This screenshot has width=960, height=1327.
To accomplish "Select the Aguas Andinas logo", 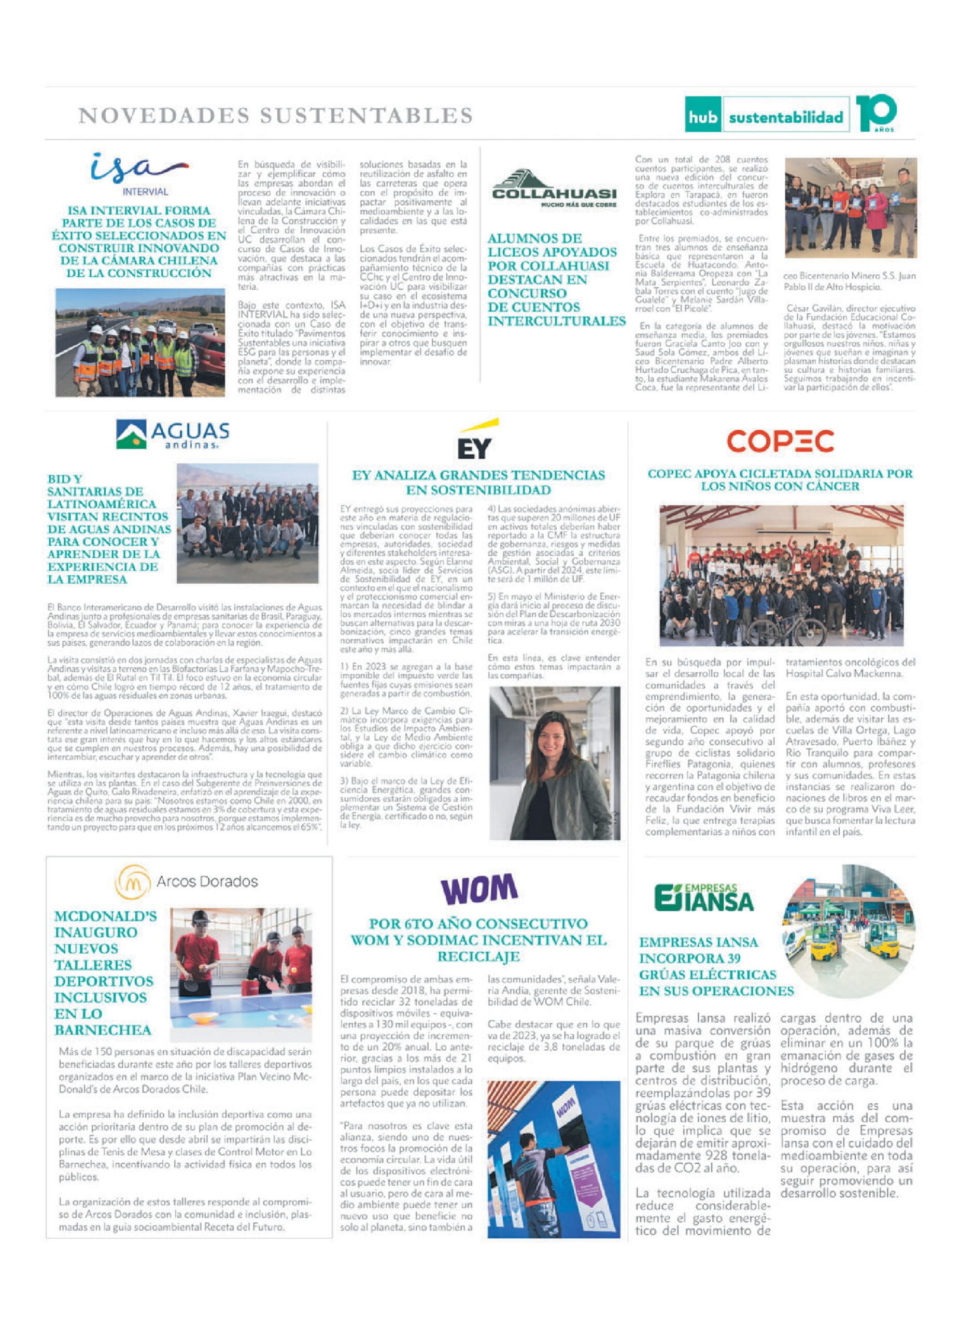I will [173, 434].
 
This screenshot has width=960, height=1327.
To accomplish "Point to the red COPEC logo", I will [780, 442].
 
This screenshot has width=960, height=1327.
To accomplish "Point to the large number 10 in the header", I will [876, 112].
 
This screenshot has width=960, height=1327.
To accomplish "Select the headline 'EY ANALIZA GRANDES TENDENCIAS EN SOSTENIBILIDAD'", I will [478, 482].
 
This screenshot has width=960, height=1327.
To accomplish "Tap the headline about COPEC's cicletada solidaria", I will [780, 480].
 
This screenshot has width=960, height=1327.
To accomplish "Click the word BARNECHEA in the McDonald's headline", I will [103, 1030].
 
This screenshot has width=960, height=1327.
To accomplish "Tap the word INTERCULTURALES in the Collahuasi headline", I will [556, 321].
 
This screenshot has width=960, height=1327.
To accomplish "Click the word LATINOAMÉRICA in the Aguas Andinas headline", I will [102, 504].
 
